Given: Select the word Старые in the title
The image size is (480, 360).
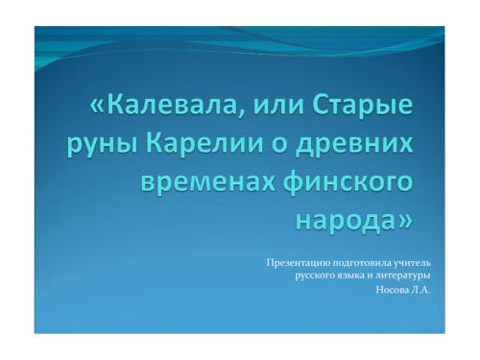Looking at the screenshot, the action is tap(362, 108).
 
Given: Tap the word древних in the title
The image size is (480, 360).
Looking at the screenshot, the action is tap(354, 146).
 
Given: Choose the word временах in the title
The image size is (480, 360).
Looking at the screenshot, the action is tap(207, 182).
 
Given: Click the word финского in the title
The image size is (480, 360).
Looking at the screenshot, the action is tap(348, 182).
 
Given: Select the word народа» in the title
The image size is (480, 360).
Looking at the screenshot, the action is tap(353, 221).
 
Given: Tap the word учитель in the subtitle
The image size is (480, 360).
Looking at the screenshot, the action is tap(412, 263).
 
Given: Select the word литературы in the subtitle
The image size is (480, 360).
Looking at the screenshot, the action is tap(403, 276).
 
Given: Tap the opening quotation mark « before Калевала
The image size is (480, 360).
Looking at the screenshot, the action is tap(97, 108).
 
